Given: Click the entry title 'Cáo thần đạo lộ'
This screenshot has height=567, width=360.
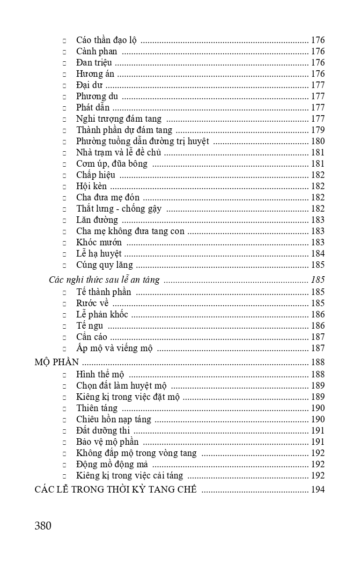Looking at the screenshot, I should [106, 40].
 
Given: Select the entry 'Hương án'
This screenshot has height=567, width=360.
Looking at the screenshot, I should [95, 74].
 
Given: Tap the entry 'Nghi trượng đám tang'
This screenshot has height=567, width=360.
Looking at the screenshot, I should [119, 119].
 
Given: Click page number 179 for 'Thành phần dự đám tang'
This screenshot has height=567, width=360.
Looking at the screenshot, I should [318, 130].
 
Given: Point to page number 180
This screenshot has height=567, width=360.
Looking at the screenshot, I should [318, 141].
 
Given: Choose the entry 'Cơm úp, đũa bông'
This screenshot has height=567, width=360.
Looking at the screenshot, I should [112, 164].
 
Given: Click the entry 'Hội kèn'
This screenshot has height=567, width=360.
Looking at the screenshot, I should [91, 186].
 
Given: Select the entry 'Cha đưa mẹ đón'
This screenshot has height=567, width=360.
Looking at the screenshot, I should [108, 198].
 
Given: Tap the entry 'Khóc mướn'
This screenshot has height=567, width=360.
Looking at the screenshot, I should [99, 243].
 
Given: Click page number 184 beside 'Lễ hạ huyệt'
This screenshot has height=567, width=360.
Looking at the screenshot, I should [318, 254].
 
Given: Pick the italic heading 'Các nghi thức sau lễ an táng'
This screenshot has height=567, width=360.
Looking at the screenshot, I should [104, 280].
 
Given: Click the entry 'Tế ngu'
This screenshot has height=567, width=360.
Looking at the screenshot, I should [89, 326].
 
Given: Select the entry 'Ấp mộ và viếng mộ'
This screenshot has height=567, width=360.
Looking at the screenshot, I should [114, 348].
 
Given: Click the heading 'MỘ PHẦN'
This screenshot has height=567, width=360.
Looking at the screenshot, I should [57, 362].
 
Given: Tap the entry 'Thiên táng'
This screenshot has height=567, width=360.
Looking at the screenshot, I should [97, 408].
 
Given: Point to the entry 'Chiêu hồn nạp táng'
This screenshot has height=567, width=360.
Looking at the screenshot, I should [113, 420].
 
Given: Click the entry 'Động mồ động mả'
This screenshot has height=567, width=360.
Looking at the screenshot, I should [112, 464].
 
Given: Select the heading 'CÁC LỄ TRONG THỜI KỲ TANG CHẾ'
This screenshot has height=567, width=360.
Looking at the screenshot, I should [116, 490].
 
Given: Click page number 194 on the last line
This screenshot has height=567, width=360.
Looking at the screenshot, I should [318, 490].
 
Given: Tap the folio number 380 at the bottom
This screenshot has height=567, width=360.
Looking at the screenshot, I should [43, 526].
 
